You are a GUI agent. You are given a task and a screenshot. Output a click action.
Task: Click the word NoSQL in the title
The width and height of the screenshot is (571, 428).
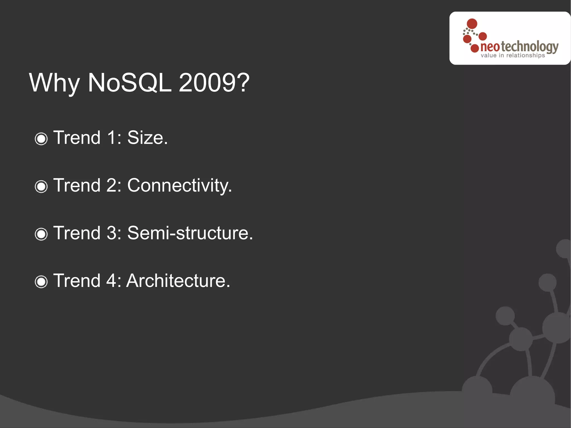click(129, 83)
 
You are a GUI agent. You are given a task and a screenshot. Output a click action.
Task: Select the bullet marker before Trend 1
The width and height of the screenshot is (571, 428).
click(41, 139)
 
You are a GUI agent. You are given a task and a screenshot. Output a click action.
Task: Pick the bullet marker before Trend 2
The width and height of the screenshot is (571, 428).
click(41, 186)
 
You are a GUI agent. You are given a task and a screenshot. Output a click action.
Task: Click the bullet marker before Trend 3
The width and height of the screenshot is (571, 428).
click(41, 234)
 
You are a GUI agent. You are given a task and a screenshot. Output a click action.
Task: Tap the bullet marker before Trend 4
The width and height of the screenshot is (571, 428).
click(41, 282)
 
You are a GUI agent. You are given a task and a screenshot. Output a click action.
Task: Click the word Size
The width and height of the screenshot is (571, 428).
click(147, 138)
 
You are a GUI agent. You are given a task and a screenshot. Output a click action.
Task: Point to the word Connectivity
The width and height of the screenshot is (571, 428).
click(179, 185)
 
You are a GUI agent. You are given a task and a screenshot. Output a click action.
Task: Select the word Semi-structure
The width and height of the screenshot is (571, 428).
click(190, 233)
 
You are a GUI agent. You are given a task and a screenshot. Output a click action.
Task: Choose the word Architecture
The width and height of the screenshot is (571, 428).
click(178, 281)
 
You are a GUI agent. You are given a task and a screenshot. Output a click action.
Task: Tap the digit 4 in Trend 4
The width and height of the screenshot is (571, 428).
click(112, 281)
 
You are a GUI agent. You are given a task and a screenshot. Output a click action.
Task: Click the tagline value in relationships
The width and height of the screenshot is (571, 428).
click(512, 55)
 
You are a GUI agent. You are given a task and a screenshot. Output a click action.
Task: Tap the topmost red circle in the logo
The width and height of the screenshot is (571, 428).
click(472, 23)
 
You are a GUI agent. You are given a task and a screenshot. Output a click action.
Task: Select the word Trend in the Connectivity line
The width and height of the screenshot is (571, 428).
click(77, 185)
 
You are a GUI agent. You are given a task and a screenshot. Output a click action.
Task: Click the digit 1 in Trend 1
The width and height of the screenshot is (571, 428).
click(112, 138)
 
